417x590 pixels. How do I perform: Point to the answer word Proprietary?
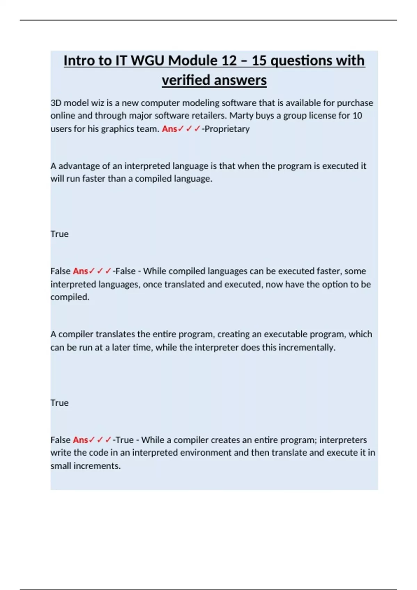point(227,129)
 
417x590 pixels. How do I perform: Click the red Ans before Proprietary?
point(169,129)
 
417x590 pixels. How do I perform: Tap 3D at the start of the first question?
point(56,103)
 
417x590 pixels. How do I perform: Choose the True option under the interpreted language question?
point(59,234)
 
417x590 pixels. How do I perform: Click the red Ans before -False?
point(80,271)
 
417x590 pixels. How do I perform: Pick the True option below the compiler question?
point(59,403)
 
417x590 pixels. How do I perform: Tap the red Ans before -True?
point(80,440)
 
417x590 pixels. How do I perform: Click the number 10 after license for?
point(357,116)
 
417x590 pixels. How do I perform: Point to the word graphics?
point(117,129)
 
